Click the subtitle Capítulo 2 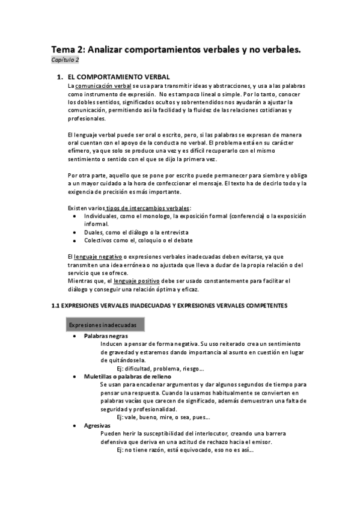point(64,60)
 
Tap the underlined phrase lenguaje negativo point(94,256)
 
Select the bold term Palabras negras point(106,336)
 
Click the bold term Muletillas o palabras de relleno point(128,376)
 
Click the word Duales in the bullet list point(94,232)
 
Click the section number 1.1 point(55,306)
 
